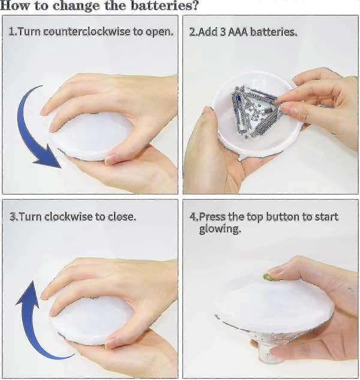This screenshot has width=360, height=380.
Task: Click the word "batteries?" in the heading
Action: (165, 5)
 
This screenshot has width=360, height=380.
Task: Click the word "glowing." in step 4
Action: (220, 229)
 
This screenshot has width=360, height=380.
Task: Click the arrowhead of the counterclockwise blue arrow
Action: (49, 157)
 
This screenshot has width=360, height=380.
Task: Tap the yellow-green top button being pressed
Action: (269, 277)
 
